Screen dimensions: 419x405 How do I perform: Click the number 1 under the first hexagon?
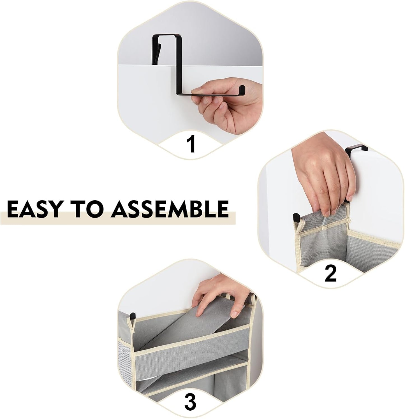click(191, 144)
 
